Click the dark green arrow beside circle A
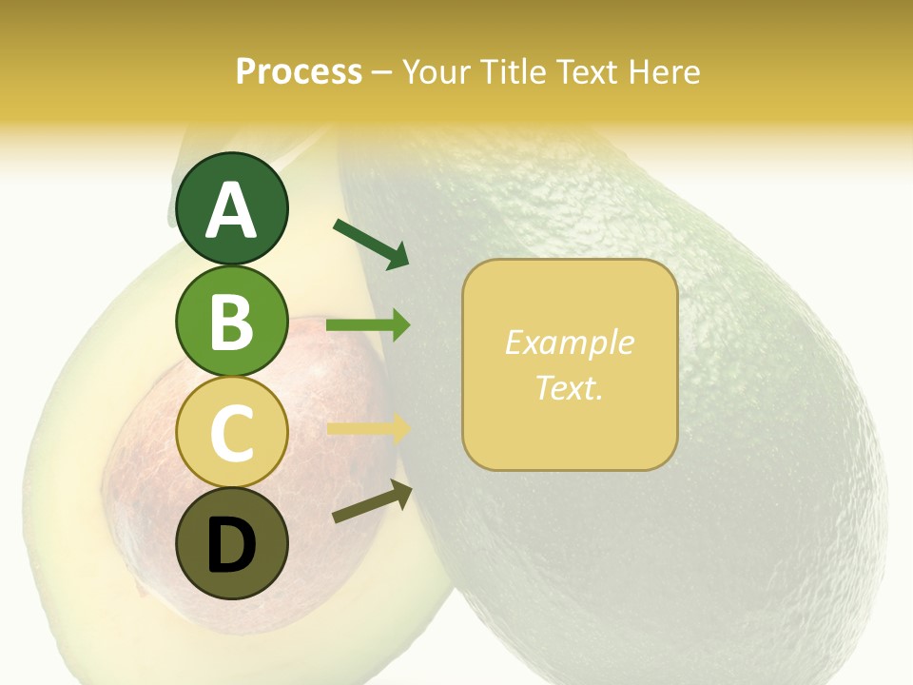click(371, 244)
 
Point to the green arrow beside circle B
click(368, 325)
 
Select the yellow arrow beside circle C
click(368, 428)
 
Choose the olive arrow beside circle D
click(372, 501)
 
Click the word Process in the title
click(299, 71)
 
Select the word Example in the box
click(569, 342)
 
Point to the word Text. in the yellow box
click(569, 388)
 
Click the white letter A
click(231, 210)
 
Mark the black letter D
click(231, 545)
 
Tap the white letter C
click(231, 434)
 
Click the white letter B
click(231, 323)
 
